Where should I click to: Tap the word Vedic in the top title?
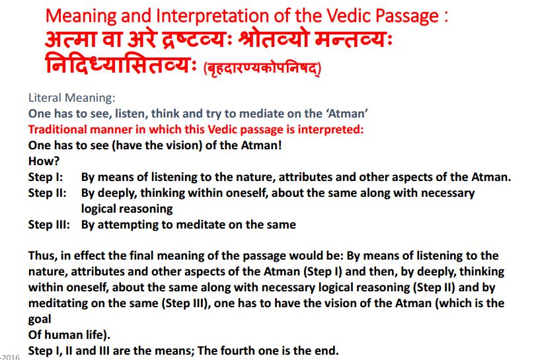tap(348, 15)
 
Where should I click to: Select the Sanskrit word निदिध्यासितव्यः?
tap(121, 63)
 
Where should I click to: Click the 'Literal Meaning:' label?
tap(72, 98)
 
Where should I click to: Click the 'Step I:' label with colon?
tap(46, 177)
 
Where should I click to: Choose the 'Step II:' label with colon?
tap(48, 193)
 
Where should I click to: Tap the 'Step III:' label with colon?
tap(49, 225)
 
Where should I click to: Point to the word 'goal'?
tap(40, 319)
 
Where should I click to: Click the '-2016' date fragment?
tap(10, 357)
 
